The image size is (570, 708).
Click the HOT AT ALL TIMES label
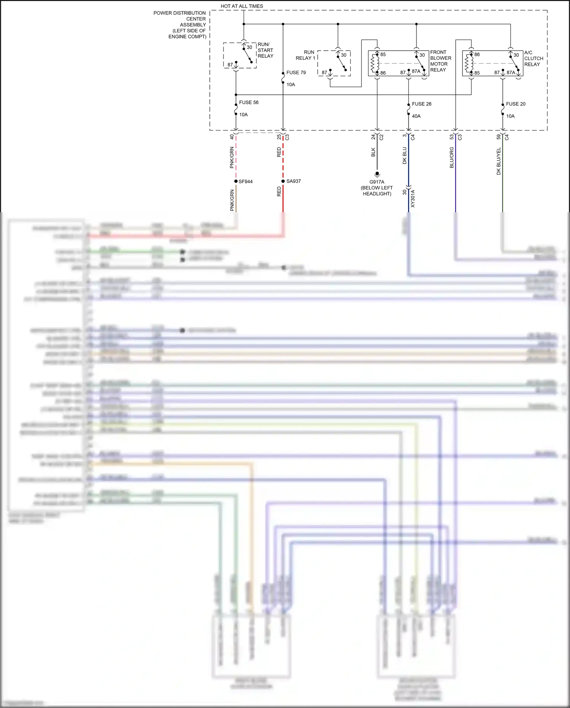[242, 6]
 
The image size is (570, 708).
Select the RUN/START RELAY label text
[265, 50]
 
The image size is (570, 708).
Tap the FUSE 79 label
[296, 72]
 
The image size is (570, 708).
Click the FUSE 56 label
[249, 102]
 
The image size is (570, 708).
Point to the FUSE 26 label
[421, 104]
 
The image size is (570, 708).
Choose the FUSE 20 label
[515, 104]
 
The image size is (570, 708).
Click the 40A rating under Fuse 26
[416, 116]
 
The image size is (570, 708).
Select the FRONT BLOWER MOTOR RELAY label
[440, 61]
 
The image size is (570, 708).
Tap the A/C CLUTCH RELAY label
[534, 58]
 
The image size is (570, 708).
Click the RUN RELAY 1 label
[306, 55]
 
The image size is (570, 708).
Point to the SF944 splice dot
[236, 181]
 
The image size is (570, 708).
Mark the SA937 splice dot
[283, 181]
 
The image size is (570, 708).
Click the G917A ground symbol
[377, 174]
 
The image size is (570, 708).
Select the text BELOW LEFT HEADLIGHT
[377, 191]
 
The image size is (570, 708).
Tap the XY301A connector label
[413, 199]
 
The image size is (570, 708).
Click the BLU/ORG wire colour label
[451, 158]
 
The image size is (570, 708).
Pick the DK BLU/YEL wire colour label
[499, 161]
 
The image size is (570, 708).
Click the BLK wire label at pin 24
[373, 152]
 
